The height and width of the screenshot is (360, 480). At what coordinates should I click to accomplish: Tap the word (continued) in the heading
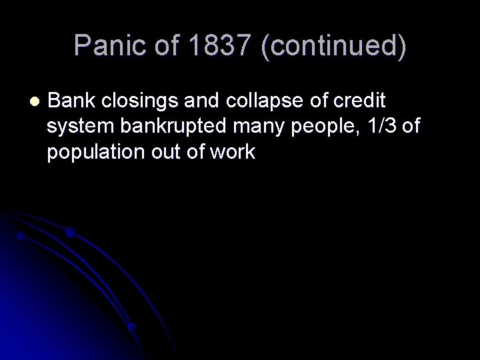[326, 45]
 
